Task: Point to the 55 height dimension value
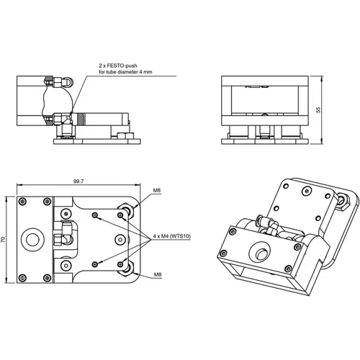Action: pos(318,109)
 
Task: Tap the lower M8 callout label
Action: pos(157,274)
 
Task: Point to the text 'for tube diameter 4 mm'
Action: pos(127,72)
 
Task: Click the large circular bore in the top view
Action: pos(33,238)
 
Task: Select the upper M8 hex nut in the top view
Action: pos(130,210)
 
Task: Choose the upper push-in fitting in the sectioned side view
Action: pos(64,82)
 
